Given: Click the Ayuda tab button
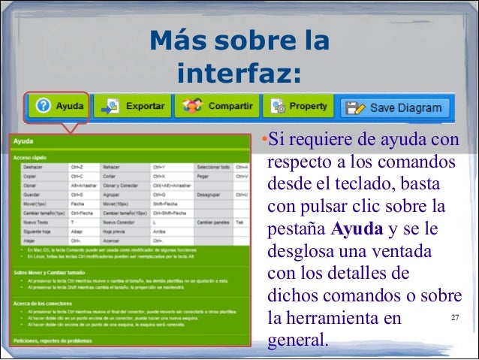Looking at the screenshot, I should click(59, 107).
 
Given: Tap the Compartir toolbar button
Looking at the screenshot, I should click(217, 107).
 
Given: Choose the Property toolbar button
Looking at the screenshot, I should click(300, 107).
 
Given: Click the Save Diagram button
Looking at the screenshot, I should click(396, 107).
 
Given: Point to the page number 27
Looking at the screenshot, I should click(454, 318).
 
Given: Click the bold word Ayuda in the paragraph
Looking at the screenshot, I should click(357, 228).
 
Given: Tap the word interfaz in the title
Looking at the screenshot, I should click(239, 75).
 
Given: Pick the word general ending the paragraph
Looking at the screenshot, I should click(297, 340).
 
